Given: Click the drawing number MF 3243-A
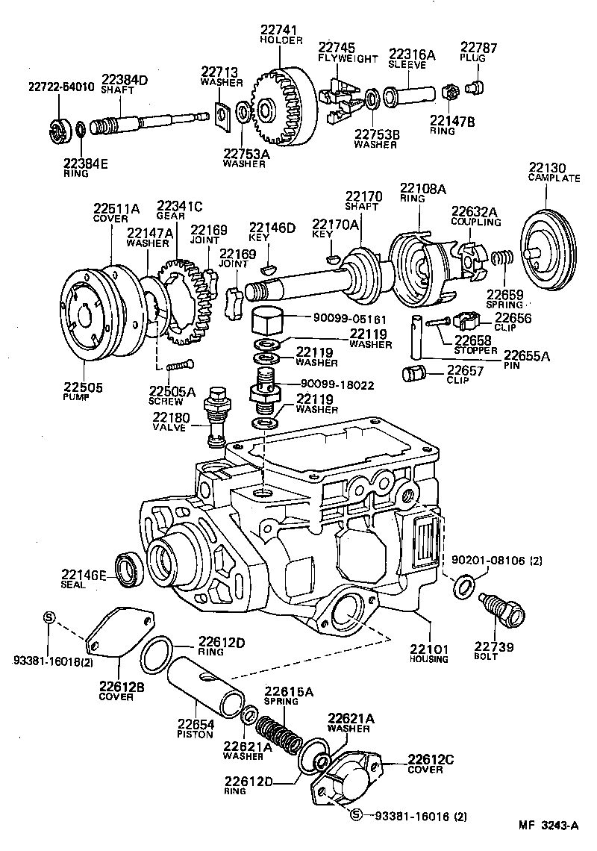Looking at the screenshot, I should coord(548,826).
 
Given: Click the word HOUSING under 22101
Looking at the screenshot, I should coord(428,659).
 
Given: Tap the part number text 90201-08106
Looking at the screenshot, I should coord(487,560).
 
